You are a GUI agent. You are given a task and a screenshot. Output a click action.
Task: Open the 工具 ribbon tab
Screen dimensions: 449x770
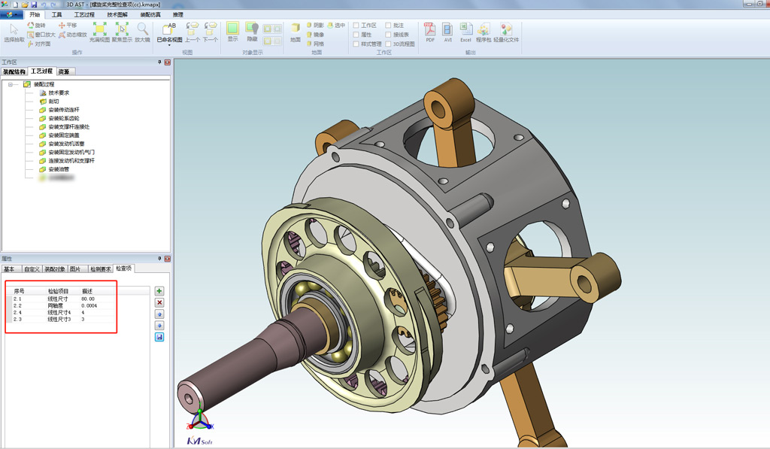tap(57, 14)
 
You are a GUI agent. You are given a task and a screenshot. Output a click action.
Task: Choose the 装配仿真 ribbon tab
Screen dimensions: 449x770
tap(150, 14)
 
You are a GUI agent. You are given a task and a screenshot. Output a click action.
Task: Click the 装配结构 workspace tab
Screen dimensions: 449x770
tap(14, 71)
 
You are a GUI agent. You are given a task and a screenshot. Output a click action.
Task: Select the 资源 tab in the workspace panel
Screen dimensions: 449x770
tap(64, 71)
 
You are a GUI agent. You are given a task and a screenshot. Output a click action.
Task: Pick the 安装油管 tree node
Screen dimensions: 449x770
tap(59, 169)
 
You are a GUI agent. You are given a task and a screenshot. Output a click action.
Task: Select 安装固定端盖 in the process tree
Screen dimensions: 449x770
tap(63, 135)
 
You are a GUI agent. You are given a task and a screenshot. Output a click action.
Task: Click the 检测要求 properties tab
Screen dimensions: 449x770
tap(100, 268)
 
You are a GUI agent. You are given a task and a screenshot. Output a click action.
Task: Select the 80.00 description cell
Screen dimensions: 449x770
tap(88, 299)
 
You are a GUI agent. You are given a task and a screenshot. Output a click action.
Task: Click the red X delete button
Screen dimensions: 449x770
tap(159, 302)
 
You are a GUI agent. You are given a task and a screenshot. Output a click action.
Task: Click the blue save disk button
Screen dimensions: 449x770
tap(159, 337)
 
